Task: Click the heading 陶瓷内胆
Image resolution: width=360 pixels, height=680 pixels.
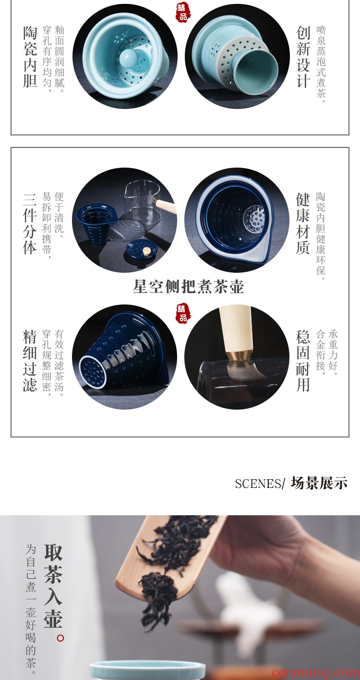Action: (30, 57)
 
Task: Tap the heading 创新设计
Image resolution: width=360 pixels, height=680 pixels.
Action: (303, 57)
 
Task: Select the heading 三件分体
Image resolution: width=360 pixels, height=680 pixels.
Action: (30, 224)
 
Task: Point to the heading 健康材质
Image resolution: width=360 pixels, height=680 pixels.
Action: (303, 223)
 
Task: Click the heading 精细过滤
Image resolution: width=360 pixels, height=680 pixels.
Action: (30, 361)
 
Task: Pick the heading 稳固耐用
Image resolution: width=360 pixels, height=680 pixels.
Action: (303, 361)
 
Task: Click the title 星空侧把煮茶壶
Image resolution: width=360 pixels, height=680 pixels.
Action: (189, 287)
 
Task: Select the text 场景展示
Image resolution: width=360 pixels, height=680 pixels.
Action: (319, 483)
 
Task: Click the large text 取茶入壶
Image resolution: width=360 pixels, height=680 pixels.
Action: (53, 586)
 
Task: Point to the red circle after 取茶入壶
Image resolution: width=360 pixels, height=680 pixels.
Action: (60, 638)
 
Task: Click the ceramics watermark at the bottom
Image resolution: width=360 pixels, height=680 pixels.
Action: (316, 673)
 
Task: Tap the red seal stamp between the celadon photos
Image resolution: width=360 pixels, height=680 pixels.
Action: (183, 12)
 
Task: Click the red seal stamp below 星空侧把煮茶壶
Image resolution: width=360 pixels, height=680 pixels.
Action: (183, 313)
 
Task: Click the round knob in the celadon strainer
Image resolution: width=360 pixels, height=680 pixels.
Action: (128, 57)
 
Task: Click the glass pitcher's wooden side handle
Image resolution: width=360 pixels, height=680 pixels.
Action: (165, 206)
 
